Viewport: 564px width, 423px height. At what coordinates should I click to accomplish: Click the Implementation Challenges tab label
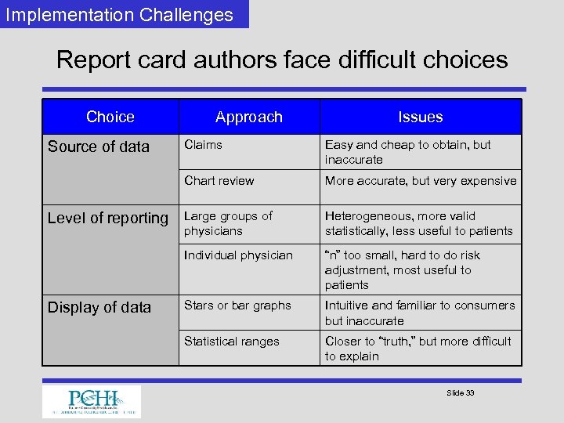(119, 15)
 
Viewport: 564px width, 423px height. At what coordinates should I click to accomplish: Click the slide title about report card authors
(282, 60)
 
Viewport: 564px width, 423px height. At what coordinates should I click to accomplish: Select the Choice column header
(110, 117)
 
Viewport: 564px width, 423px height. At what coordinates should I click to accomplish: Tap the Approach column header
(249, 117)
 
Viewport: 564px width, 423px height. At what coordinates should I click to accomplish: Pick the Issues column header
(421, 117)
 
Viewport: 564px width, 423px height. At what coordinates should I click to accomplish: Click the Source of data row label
(99, 146)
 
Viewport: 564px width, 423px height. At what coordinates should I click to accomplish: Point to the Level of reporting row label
(108, 218)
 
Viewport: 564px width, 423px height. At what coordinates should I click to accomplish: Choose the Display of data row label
(99, 307)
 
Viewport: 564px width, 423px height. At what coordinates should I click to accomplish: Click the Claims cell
(203, 145)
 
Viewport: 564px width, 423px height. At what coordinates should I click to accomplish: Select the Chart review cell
(219, 181)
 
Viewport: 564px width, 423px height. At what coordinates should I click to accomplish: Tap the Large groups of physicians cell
(228, 223)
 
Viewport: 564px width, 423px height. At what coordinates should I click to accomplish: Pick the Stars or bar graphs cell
(237, 305)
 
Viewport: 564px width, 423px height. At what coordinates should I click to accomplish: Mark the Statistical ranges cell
(232, 342)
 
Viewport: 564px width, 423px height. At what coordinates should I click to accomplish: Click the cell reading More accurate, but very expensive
(421, 181)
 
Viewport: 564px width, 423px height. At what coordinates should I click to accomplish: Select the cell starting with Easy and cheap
(408, 152)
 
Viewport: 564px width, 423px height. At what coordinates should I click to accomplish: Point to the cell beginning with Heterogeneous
(418, 223)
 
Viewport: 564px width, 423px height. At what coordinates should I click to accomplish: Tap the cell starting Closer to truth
(418, 349)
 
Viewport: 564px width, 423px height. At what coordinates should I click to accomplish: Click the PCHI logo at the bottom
(92, 401)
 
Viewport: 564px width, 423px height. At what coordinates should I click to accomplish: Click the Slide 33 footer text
(460, 392)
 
